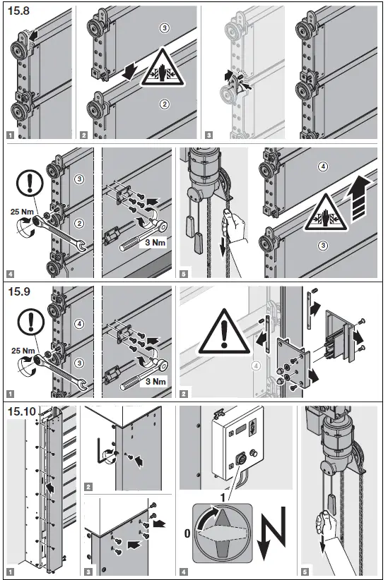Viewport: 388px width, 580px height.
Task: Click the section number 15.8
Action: (18, 11)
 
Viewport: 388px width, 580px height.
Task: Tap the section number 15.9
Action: (19, 291)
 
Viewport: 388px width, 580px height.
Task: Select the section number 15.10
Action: (22, 411)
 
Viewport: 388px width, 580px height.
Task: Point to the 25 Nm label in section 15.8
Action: (22, 212)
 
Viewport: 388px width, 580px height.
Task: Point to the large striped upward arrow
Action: (360, 199)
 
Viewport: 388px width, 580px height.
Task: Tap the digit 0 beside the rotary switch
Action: (187, 533)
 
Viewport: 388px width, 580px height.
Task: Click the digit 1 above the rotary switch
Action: (223, 498)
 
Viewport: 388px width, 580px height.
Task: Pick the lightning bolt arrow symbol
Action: (273, 533)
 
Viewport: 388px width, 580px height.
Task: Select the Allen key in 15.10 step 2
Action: (102, 451)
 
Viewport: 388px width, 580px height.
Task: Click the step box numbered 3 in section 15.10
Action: (88, 572)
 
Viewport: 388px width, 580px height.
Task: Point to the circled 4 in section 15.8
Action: (323, 167)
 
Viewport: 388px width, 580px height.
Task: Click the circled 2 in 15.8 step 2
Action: (165, 104)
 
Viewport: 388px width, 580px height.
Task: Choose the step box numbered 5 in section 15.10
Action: (305, 572)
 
